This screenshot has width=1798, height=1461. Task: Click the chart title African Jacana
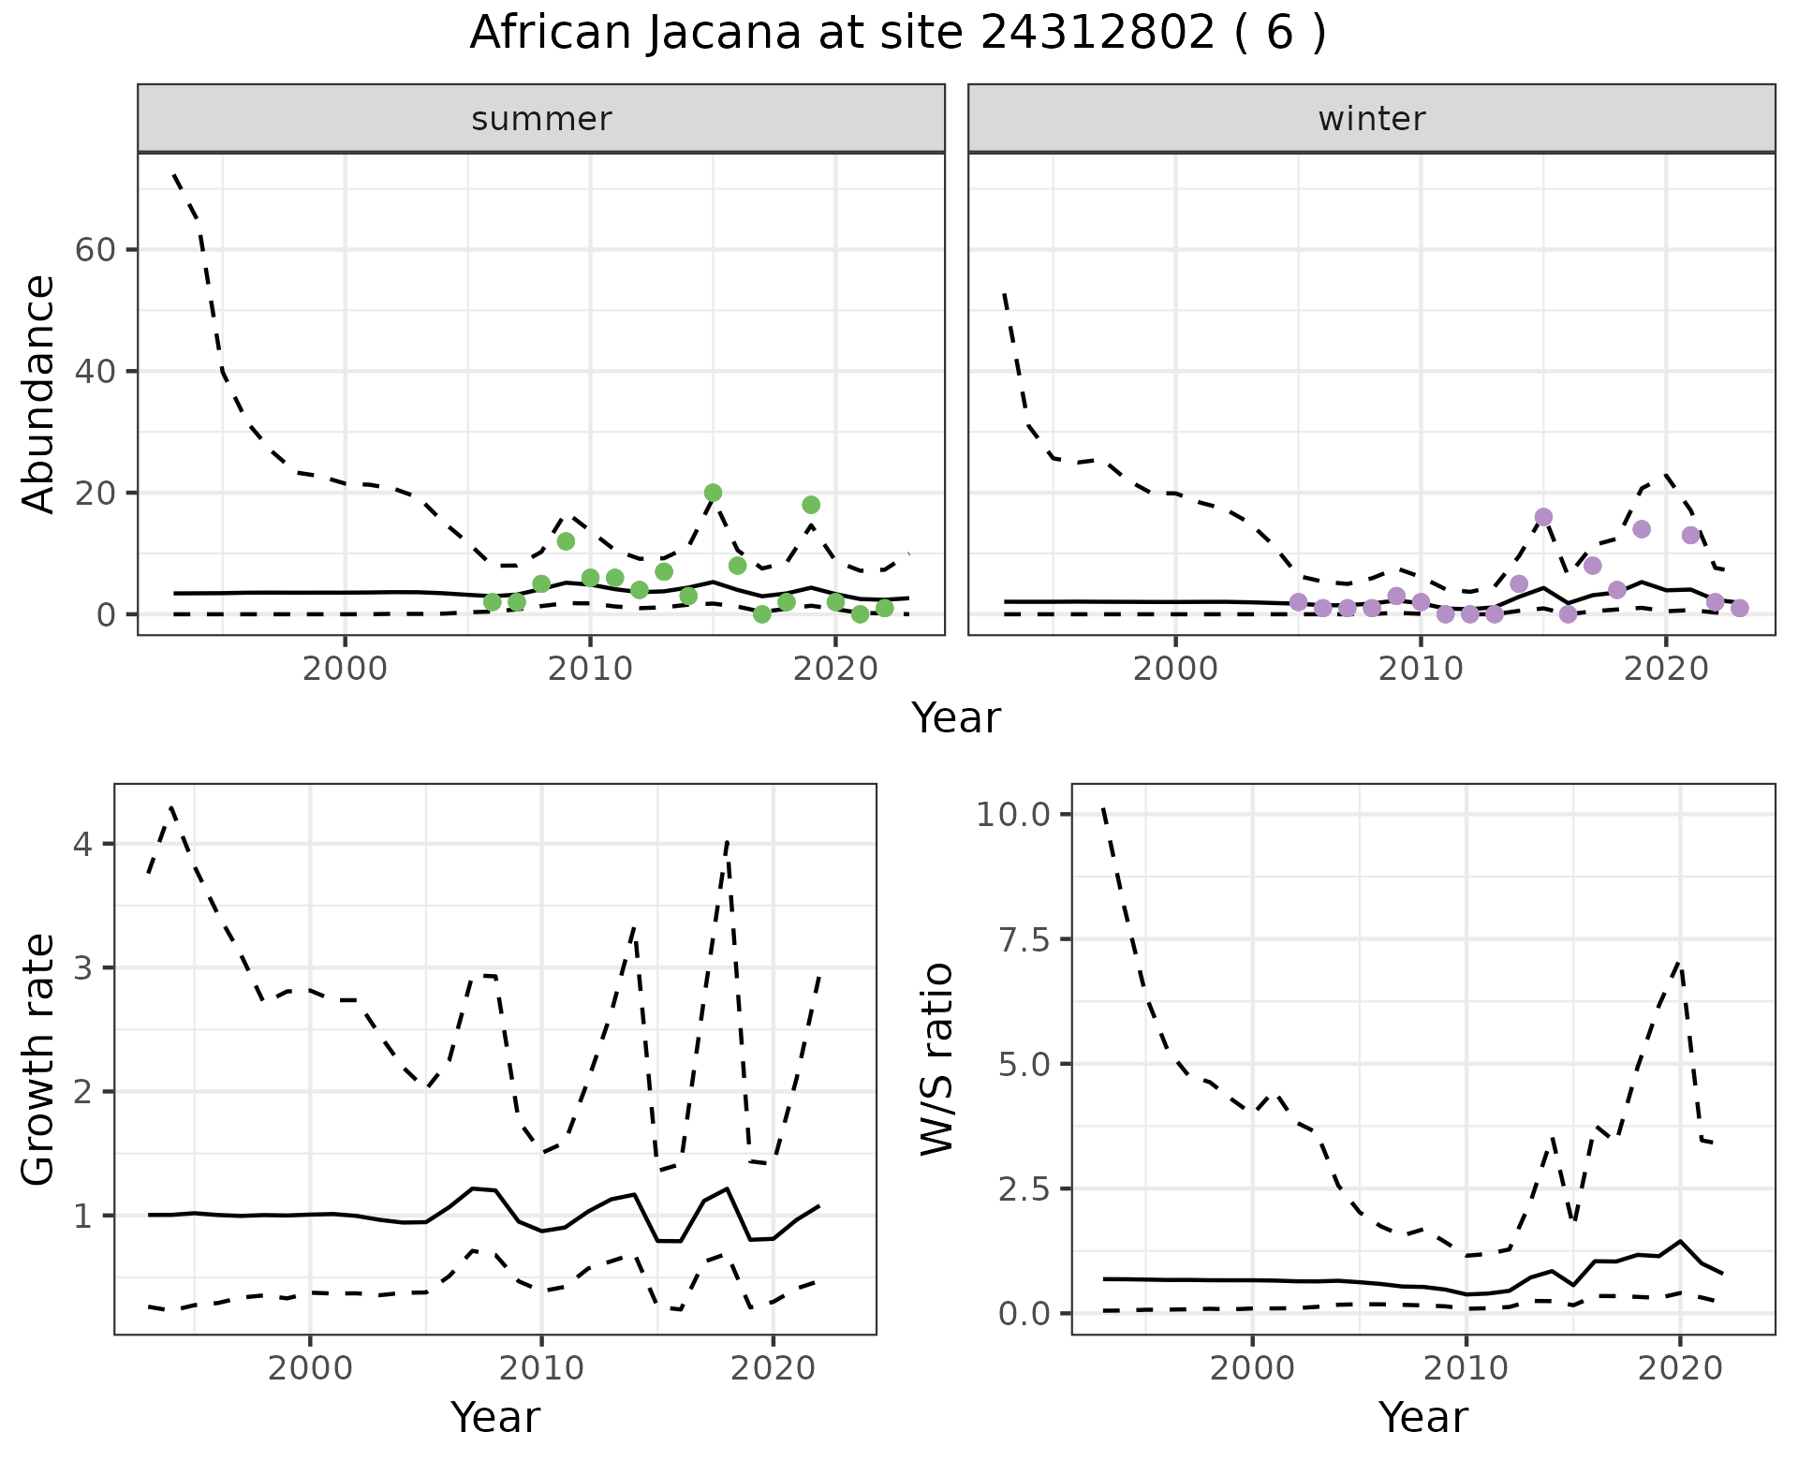click(897, 34)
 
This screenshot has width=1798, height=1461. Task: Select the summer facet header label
click(541, 119)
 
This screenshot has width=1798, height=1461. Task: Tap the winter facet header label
click(1371, 119)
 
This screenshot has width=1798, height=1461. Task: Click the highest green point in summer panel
click(713, 493)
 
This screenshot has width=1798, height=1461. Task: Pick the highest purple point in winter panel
click(1543, 517)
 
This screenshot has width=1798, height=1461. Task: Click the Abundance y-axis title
click(39, 393)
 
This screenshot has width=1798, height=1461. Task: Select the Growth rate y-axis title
click(39, 1059)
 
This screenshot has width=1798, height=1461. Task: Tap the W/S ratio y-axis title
click(936, 1059)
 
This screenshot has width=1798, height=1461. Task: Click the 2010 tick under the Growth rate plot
click(540, 1368)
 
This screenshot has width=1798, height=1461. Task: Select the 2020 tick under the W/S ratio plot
click(1679, 1368)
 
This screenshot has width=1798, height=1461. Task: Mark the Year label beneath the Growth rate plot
click(495, 1418)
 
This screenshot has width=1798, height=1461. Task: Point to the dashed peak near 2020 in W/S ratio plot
click(1680, 963)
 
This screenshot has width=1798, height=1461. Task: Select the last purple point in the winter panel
click(1739, 608)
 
